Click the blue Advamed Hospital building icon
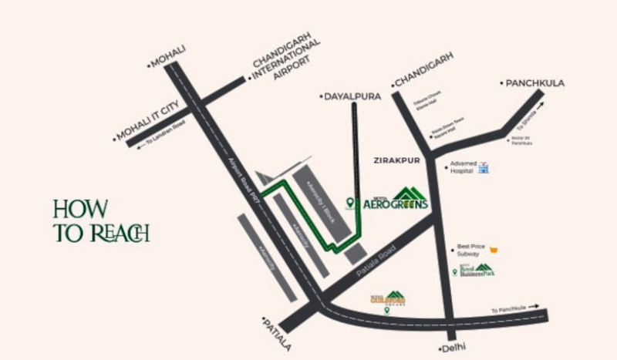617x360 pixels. pyautogui.click(x=484, y=167)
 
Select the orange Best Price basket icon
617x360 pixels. pyautogui.click(x=492, y=249)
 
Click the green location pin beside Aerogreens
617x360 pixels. pyautogui.click(x=350, y=203)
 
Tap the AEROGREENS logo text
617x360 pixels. pyautogui.click(x=395, y=204)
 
